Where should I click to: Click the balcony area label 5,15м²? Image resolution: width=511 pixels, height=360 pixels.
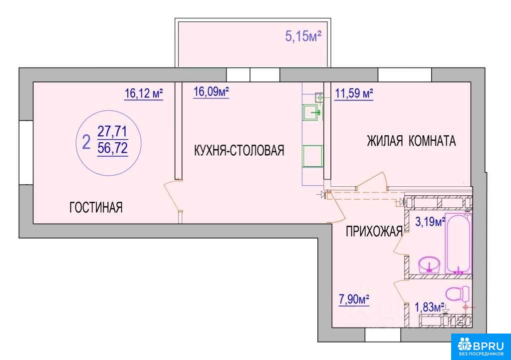pyautogui.click(x=303, y=36)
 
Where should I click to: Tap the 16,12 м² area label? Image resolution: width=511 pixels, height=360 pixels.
pyautogui.click(x=144, y=93)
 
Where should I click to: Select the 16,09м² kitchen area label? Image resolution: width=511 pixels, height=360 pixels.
pyautogui.click(x=211, y=92)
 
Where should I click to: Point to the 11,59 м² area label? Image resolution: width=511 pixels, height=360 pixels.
pyautogui.click(x=354, y=94)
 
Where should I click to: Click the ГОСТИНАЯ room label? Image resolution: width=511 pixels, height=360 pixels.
pyautogui.click(x=96, y=207)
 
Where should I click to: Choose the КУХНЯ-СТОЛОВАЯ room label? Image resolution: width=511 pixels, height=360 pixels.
pyautogui.click(x=239, y=151)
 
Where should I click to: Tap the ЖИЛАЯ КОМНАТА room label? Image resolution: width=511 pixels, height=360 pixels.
pyautogui.click(x=411, y=141)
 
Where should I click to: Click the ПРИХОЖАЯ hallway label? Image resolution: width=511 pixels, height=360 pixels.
pyautogui.click(x=374, y=232)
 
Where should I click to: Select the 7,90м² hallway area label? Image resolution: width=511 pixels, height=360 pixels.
pyautogui.click(x=354, y=299)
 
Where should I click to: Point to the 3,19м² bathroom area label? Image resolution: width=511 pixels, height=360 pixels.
pyautogui.click(x=430, y=222)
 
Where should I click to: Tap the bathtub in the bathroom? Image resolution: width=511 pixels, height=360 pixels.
pyautogui.click(x=458, y=244)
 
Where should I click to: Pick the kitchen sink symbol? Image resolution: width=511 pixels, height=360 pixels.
pyautogui.click(x=312, y=112)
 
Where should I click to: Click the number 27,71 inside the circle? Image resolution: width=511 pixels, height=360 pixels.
pyautogui.click(x=112, y=132)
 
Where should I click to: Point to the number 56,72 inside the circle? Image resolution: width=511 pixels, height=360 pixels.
pyautogui.click(x=112, y=149)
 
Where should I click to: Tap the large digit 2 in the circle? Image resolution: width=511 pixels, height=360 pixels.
pyautogui.click(x=86, y=142)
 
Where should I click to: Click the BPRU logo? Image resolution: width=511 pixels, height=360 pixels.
pyautogui.click(x=481, y=347)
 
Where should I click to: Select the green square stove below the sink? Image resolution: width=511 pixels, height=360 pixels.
pyautogui.click(x=313, y=156)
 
